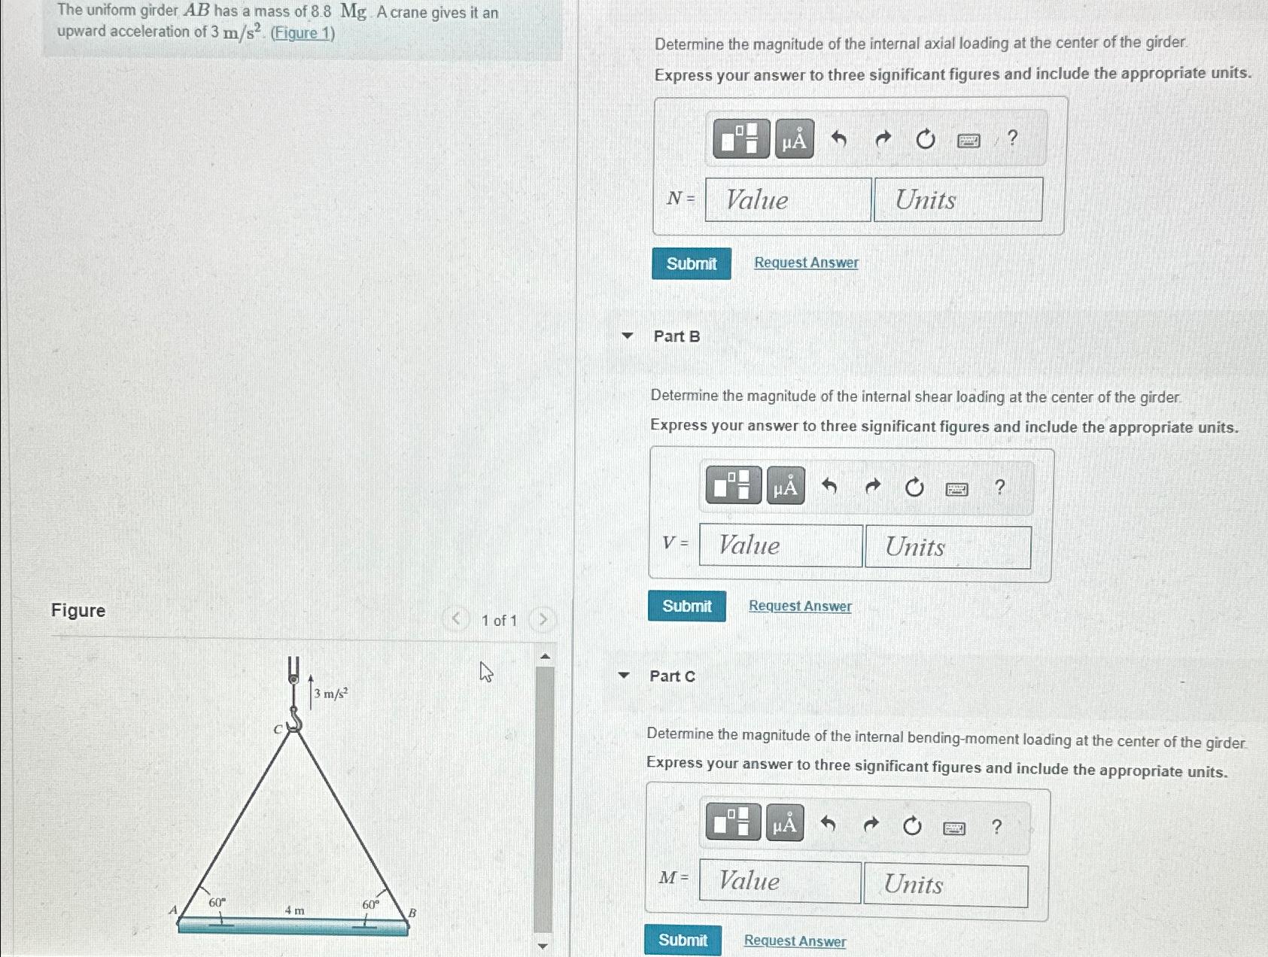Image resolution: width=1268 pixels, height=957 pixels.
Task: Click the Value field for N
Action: click(788, 199)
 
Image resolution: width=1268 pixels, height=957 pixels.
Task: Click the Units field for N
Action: click(958, 199)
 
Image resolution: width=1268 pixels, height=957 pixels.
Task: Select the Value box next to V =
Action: click(780, 545)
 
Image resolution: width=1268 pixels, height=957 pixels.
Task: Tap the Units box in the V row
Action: click(947, 547)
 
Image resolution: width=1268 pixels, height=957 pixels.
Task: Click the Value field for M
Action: click(780, 882)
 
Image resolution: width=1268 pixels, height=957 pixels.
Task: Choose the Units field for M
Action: click(945, 886)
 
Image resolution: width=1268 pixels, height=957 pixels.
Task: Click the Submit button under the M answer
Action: click(683, 940)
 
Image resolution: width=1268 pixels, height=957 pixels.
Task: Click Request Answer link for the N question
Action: click(806, 263)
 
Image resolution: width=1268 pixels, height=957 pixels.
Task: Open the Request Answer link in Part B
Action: click(800, 606)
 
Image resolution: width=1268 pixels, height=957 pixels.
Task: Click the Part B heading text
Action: click(677, 336)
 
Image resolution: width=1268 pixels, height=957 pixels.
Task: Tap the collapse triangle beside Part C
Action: click(623, 675)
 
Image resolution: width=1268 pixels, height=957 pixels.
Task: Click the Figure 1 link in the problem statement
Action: click(303, 33)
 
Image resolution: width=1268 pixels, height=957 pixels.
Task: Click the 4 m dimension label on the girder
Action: click(294, 910)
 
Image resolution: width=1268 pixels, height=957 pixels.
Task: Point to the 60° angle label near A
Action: click(217, 901)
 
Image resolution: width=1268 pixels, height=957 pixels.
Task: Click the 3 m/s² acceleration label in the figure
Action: click(330, 694)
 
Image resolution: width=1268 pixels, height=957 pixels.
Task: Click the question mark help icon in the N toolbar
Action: click(1012, 138)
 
